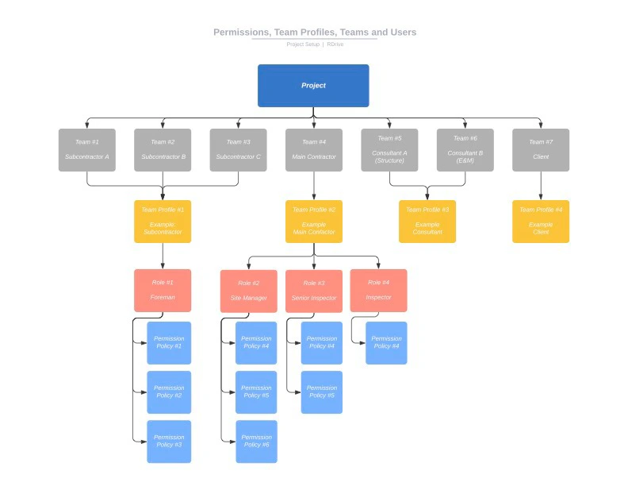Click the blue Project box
point(313,86)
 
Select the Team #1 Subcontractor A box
point(86,150)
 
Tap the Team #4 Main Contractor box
point(313,150)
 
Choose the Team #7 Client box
point(541,150)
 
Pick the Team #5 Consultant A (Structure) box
point(389,150)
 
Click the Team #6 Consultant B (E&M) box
point(465,150)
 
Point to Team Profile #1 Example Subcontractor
point(163,221)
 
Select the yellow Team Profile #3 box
point(427,221)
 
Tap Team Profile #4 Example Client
point(541,221)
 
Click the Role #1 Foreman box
point(163,290)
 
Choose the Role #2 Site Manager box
point(248,291)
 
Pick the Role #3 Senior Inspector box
point(313,291)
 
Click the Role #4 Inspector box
point(378,290)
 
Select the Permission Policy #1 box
point(169,343)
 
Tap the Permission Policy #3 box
point(169,442)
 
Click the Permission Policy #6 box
point(256,442)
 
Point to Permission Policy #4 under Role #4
point(386,343)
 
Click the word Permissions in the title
point(241,33)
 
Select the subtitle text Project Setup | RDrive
point(315,44)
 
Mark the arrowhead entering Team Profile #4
point(541,197)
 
